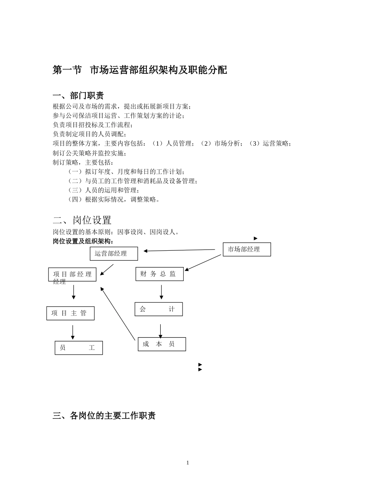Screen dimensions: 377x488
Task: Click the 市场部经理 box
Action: click(246, 250)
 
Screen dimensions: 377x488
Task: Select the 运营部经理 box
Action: click(113, 254)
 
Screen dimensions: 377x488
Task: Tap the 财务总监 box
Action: click(159, 274)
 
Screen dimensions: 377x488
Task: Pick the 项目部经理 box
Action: click(72, 275)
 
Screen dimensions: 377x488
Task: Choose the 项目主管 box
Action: click(70, 313)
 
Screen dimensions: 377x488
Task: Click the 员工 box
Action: click(79, 348)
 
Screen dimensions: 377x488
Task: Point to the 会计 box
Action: click(158, 309)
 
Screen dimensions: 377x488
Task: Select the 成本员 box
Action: click(162, 344)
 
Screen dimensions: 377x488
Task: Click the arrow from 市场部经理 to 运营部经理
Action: click(179, 250)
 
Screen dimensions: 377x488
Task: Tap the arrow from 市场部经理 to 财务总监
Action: click(203, 263)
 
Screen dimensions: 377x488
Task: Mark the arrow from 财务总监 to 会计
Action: click(161, 292)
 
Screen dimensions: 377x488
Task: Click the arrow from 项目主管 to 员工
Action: click(73, 332)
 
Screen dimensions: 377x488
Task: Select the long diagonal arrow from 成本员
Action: click(118, 313)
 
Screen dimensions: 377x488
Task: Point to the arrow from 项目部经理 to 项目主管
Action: click(73, 292)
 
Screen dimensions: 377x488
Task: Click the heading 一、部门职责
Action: click(78, 96)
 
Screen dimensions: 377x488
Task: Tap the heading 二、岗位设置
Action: click(82, 220)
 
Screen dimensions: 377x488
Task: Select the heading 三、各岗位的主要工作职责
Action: click(104, 416)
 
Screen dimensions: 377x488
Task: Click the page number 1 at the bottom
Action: click(188, 463)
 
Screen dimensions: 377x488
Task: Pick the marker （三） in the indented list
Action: click(75, 190)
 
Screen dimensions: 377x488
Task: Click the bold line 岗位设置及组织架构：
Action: click(83, 241)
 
